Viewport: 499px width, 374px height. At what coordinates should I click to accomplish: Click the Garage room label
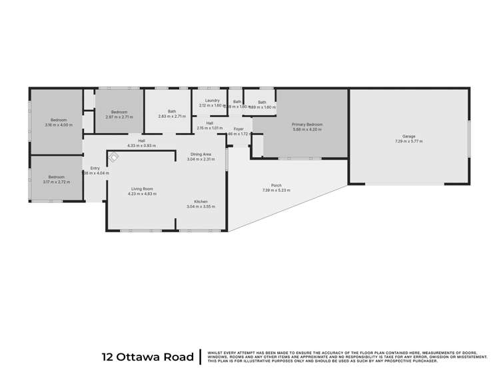point(409,136)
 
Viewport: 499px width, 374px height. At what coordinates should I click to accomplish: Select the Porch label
point(276,186)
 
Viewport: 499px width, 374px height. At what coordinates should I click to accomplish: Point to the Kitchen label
point(202,202)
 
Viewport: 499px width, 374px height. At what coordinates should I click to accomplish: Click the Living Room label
point(141,189)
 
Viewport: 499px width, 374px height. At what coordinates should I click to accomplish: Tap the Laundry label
point(213,100)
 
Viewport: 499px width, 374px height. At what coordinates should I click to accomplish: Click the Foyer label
point(239,128)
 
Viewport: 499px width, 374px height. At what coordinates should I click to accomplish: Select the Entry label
point(95,168)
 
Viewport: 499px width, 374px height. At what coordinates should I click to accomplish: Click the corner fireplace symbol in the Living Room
point(115,158)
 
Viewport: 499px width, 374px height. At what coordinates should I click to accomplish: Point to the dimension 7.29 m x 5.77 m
point(409,141)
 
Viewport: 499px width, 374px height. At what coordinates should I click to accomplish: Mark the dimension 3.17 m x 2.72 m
point(57,182)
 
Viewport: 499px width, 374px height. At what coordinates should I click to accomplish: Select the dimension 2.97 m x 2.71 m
point(119,116)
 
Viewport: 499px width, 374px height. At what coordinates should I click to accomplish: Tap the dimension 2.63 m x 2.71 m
point(172,116)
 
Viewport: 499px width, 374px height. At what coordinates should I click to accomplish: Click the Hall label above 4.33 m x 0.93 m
point(142,140)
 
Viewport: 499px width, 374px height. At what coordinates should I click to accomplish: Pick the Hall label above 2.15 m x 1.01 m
point(210,122)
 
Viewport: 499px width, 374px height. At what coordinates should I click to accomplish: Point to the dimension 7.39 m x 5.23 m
point(276,191)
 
